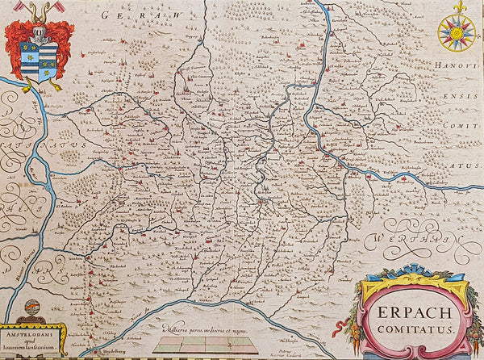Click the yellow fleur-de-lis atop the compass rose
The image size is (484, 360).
[x=460, y=7]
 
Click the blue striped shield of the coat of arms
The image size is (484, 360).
[x=38, y=61]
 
